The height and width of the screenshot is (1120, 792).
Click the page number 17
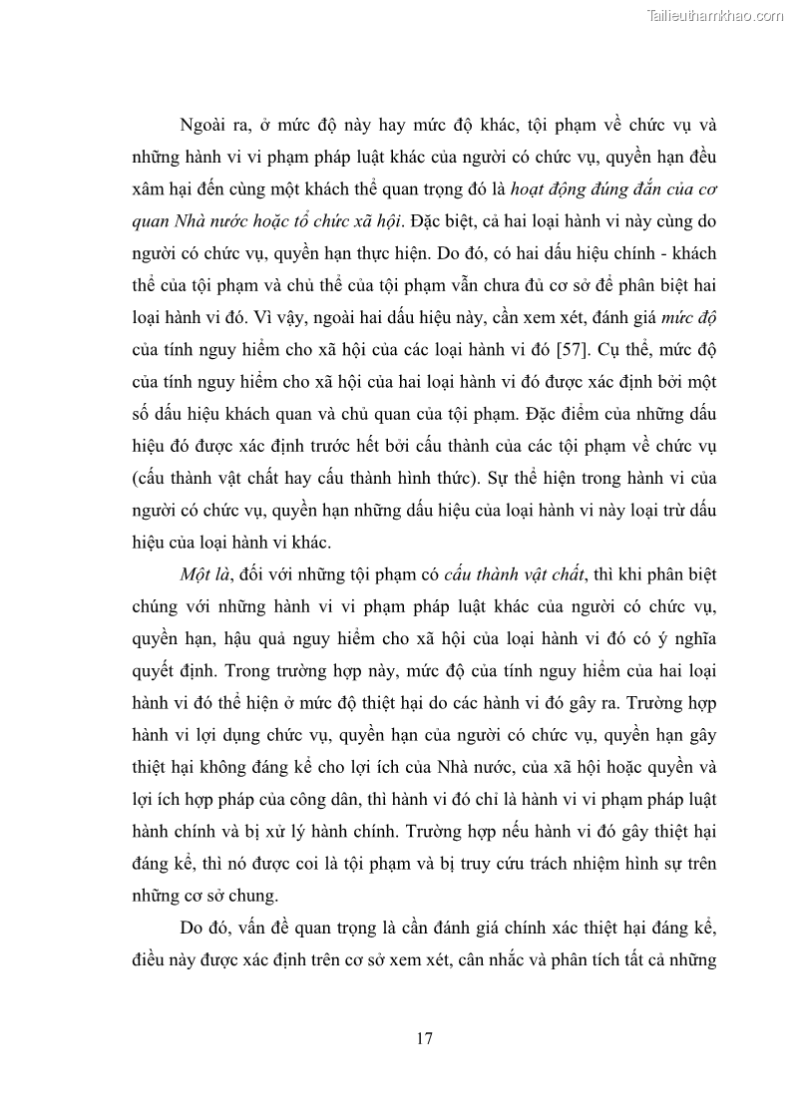pyautogui.click(x=424, y=1038)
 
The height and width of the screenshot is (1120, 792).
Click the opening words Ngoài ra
pyautogui.click(x=212, y=126)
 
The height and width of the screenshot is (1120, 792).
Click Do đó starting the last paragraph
pyautogui.click(x=203, y=929)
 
